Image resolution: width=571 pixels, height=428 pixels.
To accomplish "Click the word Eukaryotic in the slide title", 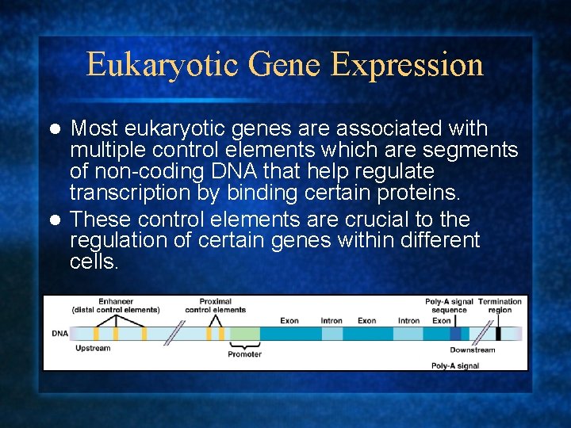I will coord(145,65).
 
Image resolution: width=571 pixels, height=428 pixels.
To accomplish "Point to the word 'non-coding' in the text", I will coord(138,171).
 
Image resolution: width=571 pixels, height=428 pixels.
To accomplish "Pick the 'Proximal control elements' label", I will coord(215,305).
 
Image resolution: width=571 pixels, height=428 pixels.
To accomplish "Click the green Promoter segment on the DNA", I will coord(244,334).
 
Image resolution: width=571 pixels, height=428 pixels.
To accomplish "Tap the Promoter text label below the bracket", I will coord(244,354).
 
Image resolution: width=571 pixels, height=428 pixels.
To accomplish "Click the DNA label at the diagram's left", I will coord(60,334).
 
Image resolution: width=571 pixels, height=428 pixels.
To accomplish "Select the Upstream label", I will coord(93,349).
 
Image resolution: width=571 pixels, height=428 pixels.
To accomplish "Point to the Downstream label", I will coord(472,350).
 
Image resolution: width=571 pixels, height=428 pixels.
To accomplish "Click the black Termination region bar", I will coord(498,334).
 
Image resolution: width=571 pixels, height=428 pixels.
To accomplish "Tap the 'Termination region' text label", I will coord(500,305).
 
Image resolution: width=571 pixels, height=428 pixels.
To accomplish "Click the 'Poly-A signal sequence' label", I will coord(449,305).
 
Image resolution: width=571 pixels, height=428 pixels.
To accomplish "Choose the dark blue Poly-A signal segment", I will coord(454,334).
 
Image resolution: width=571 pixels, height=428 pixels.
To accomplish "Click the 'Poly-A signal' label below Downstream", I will coord(454,366).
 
